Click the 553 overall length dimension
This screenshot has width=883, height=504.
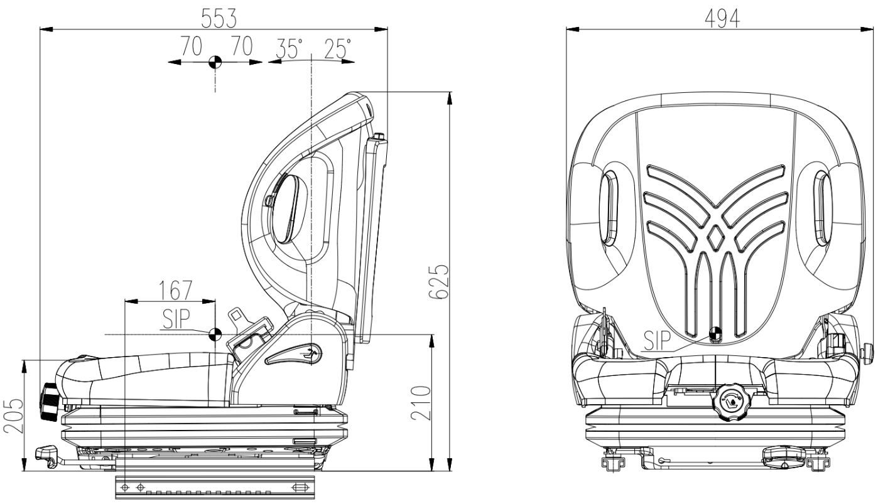click(219, 18)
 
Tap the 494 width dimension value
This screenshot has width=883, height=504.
click(722, 19)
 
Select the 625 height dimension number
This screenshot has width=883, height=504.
click(439, 282)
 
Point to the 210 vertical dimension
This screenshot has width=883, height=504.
click(420, 403)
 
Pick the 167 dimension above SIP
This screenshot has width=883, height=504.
click(175, 291)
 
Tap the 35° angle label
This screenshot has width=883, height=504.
click(289, 48)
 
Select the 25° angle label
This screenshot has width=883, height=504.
click(338, 48)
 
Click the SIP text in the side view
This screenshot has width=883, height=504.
click(176, 319)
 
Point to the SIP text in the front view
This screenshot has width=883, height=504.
click(657, 340)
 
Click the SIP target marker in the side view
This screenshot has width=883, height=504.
click(215, 334)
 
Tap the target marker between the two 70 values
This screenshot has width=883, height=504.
click(215, 62)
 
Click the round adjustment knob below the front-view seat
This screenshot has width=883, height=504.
click(729, 403)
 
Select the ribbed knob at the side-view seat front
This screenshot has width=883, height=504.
click(50, 402)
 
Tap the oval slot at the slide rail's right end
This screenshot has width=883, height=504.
click(300, 488)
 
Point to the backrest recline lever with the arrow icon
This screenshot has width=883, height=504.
click(294, 353)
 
